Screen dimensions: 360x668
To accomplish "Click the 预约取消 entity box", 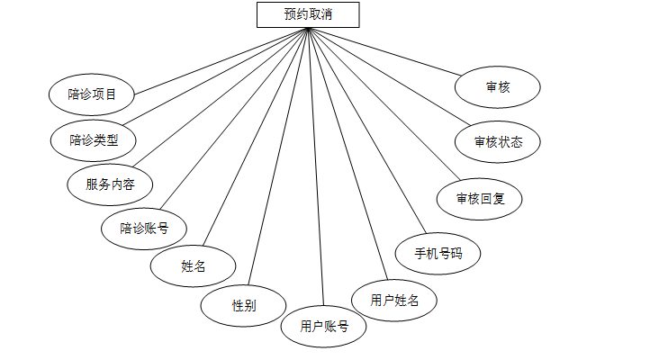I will (308, 13).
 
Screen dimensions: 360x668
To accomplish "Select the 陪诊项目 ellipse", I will (92, 93).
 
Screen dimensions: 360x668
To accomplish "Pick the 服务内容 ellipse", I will (110, 184).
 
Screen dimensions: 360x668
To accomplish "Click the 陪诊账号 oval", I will (144, 228).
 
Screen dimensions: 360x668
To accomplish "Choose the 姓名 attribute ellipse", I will (194, 266).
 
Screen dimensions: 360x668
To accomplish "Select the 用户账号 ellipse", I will (324, 327).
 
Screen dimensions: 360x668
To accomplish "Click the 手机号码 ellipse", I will (438, 254).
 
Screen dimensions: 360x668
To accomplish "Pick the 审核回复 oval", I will (479, 198).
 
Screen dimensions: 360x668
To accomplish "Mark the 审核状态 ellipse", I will (497, 141).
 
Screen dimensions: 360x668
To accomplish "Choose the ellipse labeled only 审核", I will (497, 87).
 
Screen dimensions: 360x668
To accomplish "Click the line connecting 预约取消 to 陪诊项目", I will (221, 60).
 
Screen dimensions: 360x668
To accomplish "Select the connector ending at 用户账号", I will (315, 167).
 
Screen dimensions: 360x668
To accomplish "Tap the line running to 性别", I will (279, 157).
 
